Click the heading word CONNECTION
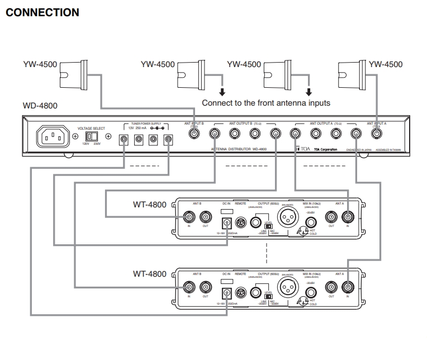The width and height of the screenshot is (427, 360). (x=42, y=11)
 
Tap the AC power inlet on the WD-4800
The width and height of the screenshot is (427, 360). (x=53, y=136)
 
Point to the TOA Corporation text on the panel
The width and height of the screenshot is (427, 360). (x=325, y=150)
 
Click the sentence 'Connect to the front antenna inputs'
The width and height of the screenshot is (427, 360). (x=267, y=103)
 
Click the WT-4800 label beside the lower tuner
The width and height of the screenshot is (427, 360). (x=149, y=274)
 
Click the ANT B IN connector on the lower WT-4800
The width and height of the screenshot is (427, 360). (x=189, y=287)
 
